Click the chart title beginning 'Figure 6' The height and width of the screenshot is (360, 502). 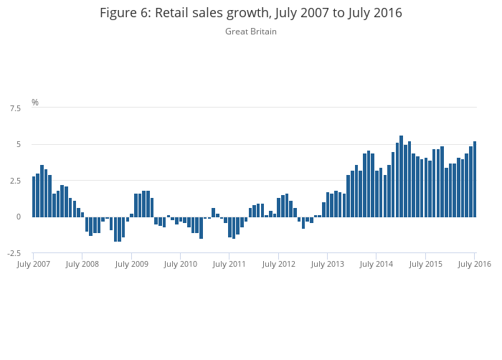tap(250, 13)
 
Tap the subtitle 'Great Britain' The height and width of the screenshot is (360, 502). tap(250, 32)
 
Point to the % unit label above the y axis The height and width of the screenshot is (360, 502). tap(34, 103)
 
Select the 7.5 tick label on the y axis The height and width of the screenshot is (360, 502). tap(14, 108)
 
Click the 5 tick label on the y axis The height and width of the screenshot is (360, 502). tap(18, 144)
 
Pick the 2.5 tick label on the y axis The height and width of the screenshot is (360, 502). tap(14, 181)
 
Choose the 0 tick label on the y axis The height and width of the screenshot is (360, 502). tap(18, 217)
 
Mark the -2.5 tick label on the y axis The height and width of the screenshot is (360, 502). tap(14, 253)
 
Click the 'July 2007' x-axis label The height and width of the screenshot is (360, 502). tap(34, 264)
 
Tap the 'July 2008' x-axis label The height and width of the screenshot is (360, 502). tap(82, 264)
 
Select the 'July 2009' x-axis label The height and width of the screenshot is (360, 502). tap(131, 264)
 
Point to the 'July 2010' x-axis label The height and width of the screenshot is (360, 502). tap(180, 264)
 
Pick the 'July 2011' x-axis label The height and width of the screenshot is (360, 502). tap(229, 264)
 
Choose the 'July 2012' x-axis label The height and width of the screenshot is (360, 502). tap(278, 264)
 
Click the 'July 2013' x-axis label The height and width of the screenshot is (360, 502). tap(327, 264)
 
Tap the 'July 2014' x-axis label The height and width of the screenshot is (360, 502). tap(376, 264)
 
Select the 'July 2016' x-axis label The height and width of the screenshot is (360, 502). tap(474, 264)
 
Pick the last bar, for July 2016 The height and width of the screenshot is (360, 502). tap(475, 179)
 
